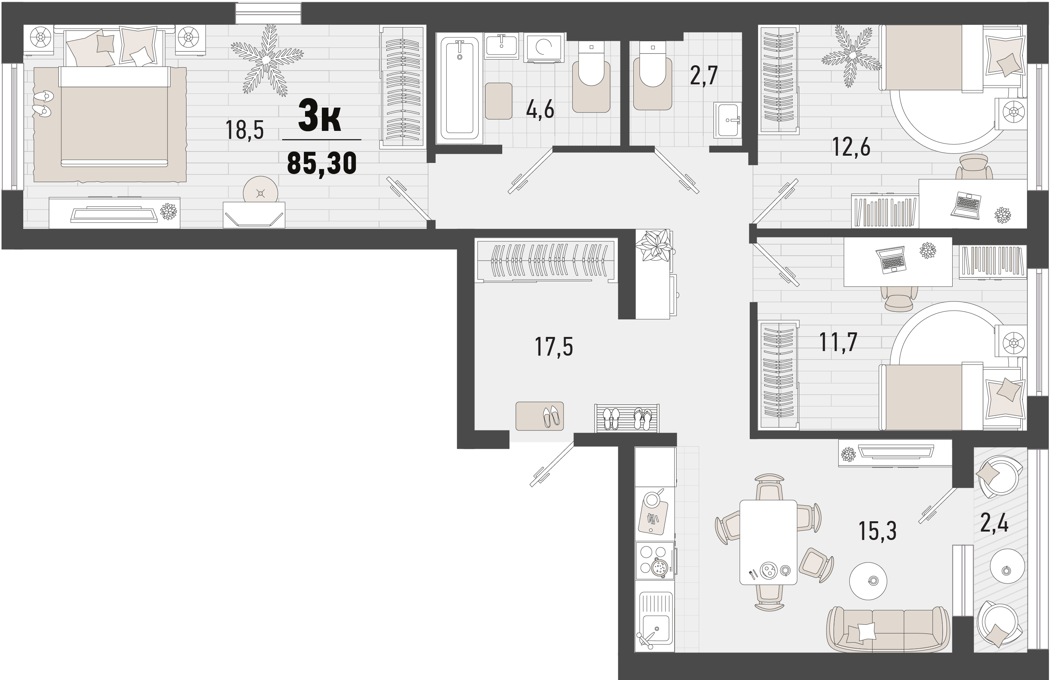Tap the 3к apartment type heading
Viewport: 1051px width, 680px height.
[320, 116]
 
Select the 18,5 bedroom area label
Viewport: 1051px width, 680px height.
[244, 130]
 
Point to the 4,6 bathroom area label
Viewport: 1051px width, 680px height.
[540, 110]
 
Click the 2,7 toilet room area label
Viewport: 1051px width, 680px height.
[704, 76]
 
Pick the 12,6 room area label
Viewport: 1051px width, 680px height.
[851, 147]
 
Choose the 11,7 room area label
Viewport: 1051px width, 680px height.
[838, 342]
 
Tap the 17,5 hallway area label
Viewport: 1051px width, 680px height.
[554, 346]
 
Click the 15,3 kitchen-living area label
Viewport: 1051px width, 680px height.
[877, 531]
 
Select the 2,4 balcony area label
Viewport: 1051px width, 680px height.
[994, 523]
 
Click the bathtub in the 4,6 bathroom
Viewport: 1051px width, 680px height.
[459, 88]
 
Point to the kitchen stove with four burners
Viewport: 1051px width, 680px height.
[655, 560]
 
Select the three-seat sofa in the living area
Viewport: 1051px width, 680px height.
[888, 629]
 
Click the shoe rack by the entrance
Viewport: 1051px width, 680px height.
[627, 418]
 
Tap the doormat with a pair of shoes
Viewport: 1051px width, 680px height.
[539, 416]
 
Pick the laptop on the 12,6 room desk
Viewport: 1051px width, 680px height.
[966, 206]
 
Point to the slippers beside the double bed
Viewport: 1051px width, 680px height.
[43, 103]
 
